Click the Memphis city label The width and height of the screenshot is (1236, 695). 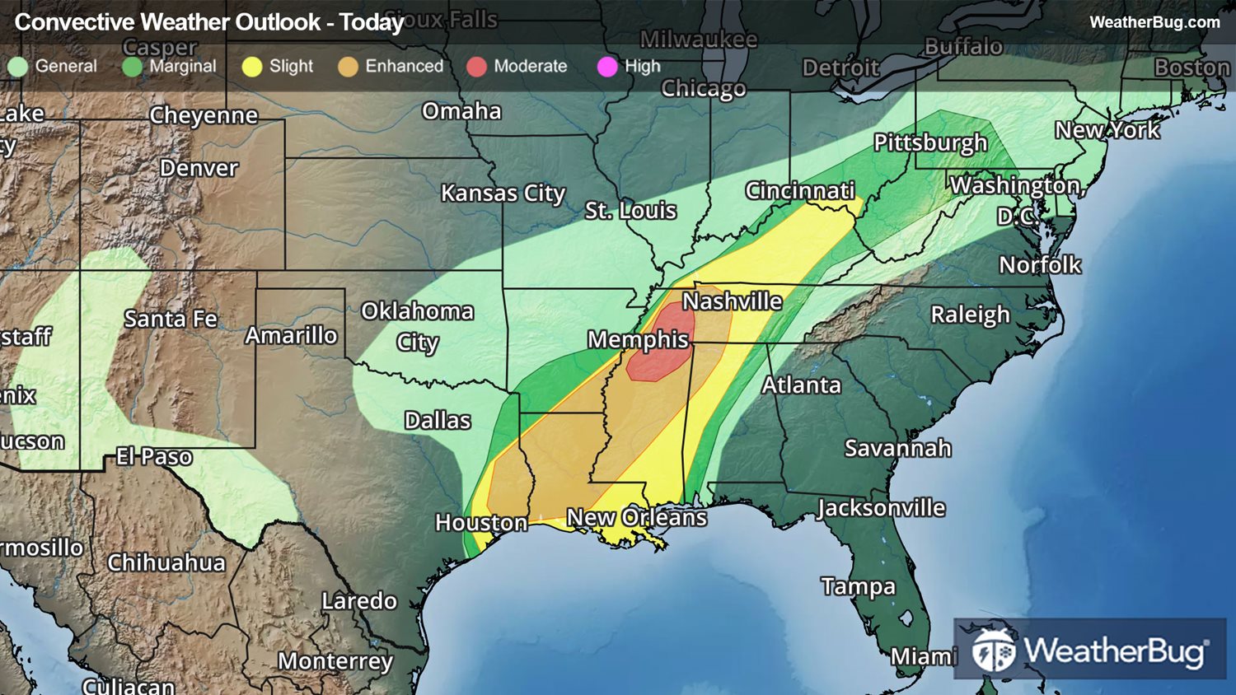coord(638,339)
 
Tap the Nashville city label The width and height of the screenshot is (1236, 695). coord(732,301)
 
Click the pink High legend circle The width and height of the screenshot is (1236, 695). coord(607,67)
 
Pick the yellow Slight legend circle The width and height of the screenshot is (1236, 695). coord(252,67)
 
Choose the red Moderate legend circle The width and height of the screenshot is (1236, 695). coord(476,67)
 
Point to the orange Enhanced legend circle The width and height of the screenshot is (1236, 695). coord(348,67)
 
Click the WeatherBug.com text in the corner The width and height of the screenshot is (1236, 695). coord(1154,22)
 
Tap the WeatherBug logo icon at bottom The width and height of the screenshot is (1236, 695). coord(993,651)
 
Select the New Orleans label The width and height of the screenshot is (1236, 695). coord(636,517)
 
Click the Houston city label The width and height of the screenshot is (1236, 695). coord(481,522)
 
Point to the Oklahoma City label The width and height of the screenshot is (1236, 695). coord(417,325)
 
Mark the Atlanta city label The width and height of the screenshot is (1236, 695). coord(801,385)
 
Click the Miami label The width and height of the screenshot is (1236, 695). coord(923,656)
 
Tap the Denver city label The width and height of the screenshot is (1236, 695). coord(199,168)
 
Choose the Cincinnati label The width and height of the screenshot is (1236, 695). coord(799,190)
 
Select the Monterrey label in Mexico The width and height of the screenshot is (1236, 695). coord(335,660)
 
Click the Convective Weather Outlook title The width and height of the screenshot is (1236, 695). coord(209,22)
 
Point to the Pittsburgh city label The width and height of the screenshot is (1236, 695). coord(929,142)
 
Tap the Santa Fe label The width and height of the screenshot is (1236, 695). coord(171,319)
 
